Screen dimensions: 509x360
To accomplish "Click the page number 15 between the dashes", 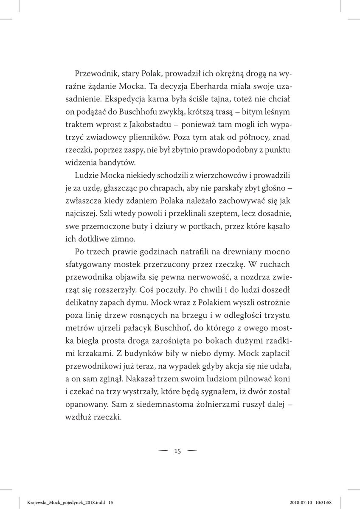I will [x=177, y=451].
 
